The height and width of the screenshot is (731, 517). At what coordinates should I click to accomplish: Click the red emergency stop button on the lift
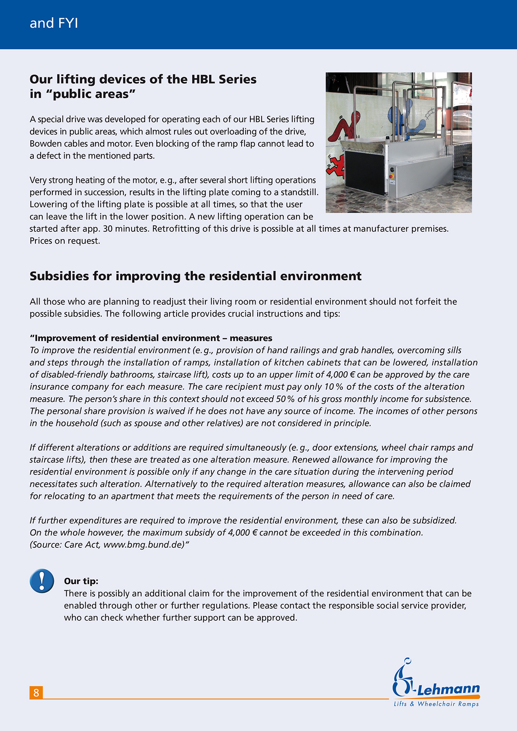[391, 177]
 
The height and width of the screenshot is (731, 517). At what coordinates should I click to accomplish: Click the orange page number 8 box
[36, 693]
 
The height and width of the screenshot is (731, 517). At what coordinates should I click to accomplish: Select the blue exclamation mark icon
[42, 581]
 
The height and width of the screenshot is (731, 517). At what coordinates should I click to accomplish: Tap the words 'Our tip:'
[81, 581]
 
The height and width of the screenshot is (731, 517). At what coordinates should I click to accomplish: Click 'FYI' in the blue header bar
[68, 23]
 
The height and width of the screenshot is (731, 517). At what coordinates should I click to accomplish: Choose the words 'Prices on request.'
[65, 241]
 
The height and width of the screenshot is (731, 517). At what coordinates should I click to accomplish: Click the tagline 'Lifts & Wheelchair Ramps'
[436, 704]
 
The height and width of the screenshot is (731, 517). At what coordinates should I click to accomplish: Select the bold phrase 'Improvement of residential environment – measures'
[151, 338]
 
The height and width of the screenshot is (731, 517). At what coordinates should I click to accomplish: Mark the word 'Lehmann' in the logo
[449, 689]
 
